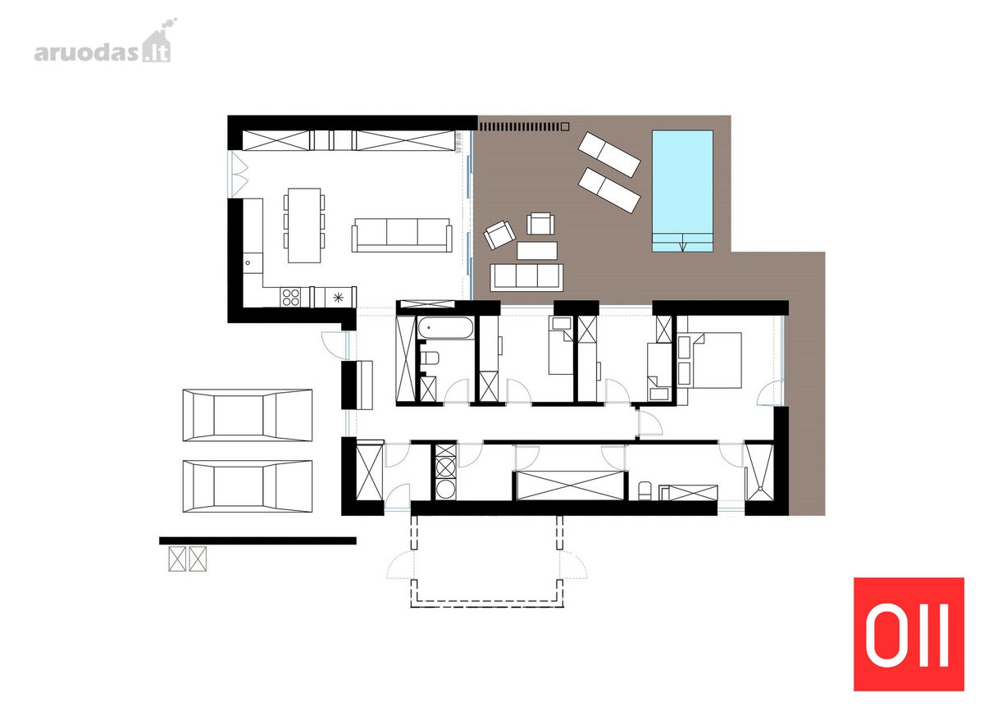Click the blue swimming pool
[681, 191]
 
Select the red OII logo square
[909, 636]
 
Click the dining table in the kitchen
[304, 226]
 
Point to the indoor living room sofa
[402, 235]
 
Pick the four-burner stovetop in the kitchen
[291, 297]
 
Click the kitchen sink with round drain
[253, 263]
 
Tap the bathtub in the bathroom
[445, 328]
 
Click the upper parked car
[248, 415]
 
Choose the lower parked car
[248, 486]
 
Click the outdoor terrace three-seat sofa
[526, 277]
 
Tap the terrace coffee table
[537, 250]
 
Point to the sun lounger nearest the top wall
[608, 155]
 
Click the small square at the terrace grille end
[565, 126]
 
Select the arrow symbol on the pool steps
[682, 243]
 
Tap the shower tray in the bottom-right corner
[760, 472]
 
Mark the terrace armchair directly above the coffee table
[540, 224]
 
